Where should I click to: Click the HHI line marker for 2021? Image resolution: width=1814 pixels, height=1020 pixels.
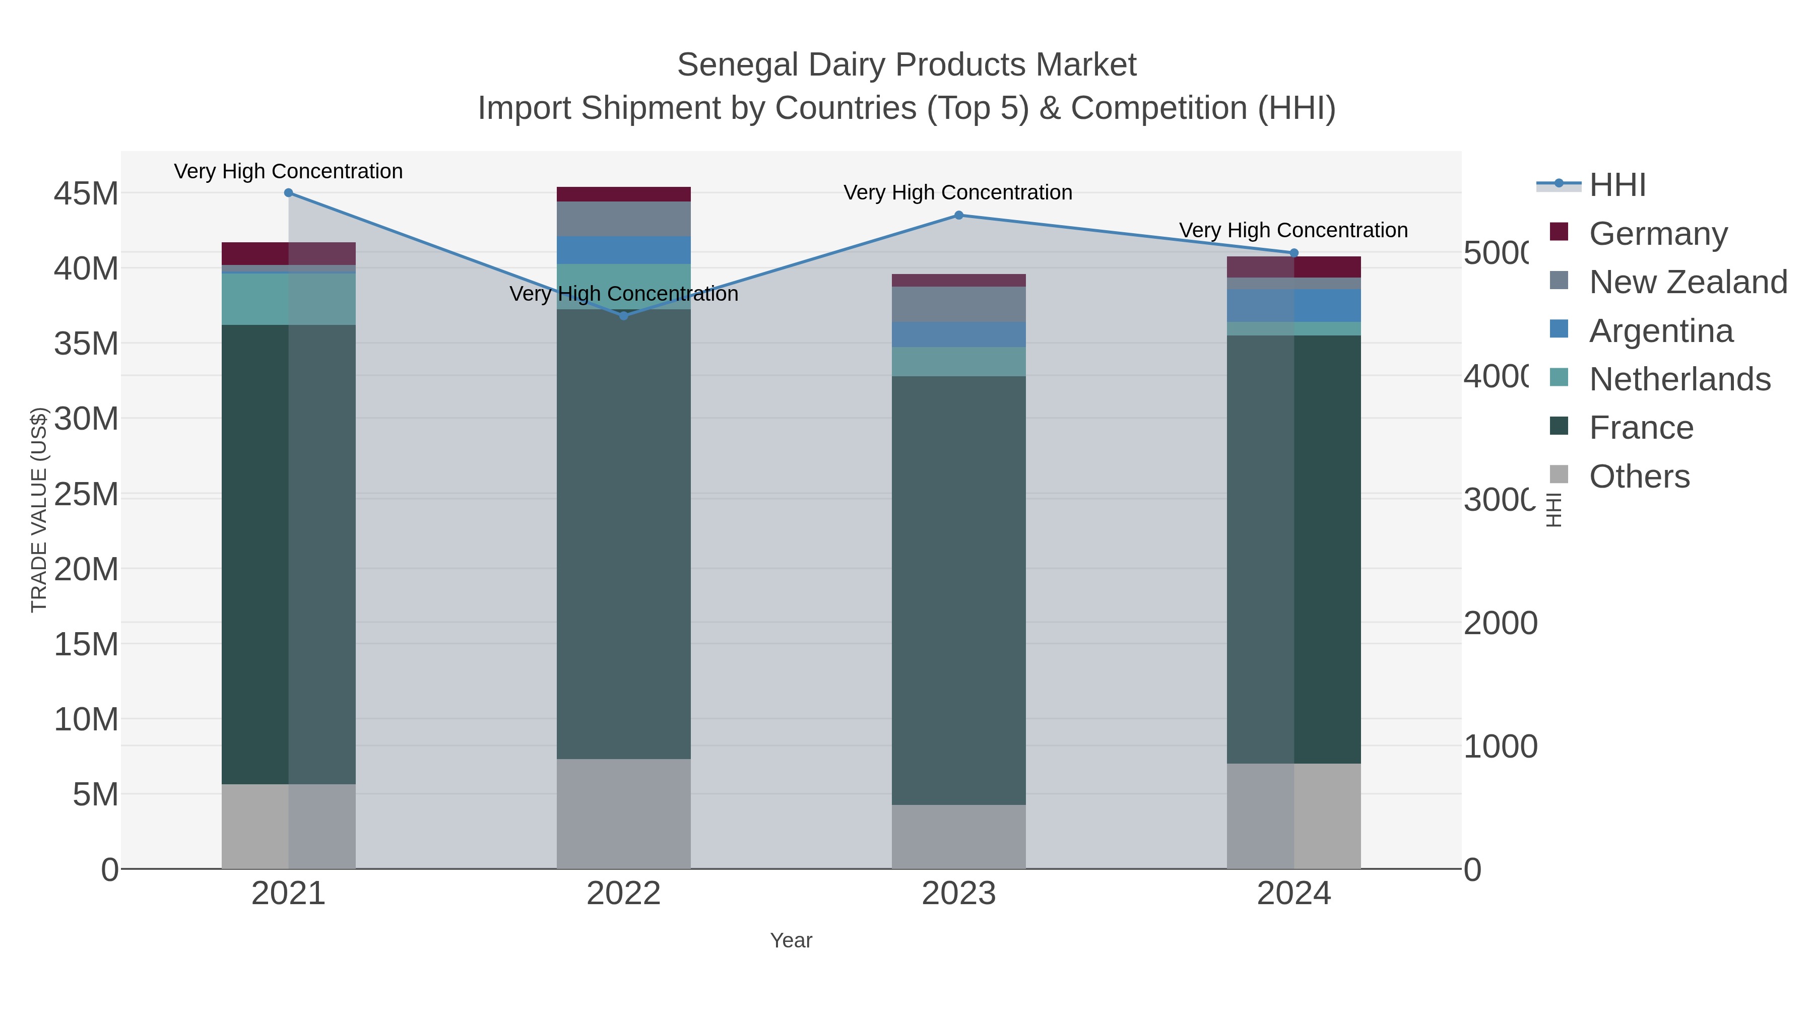pos(288,193)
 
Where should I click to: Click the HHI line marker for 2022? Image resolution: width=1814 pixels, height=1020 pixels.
pos(623,316)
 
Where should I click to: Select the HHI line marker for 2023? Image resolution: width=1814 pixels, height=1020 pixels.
pos(958,216)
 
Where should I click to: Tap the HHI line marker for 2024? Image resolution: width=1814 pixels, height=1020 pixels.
pos(1293,253)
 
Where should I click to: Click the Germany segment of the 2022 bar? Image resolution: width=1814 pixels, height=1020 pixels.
pos(623,194)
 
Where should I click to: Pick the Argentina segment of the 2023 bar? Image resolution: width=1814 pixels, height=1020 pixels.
pos(958,334)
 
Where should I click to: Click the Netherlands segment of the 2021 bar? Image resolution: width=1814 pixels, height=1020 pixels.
pos(288,299)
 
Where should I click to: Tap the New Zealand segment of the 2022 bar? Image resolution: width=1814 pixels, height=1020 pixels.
pos(623,219)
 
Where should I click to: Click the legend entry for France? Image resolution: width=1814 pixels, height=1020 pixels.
pos(1641,428)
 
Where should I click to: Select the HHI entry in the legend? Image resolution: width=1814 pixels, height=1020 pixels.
pos(1617,185)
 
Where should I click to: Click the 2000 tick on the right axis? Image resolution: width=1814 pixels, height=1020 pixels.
pos(1500,623)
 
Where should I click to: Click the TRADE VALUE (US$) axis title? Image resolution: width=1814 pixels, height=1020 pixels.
pos(39,510)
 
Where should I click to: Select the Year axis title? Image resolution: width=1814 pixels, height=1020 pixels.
pos(791,940)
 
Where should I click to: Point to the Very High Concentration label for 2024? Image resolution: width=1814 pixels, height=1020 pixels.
pos(1293,230)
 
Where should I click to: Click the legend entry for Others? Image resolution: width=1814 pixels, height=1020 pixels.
pos(1639,477)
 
